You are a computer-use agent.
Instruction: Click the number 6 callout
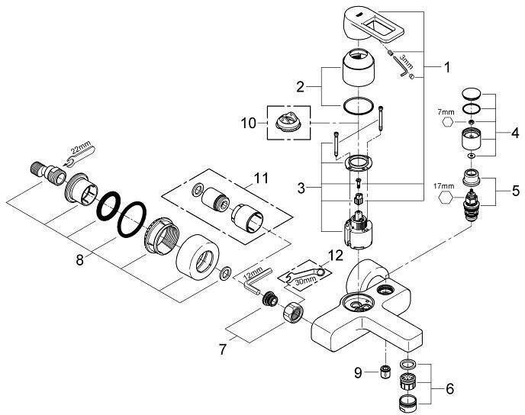pos(449,388)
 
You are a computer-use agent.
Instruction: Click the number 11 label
pos(262,179)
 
